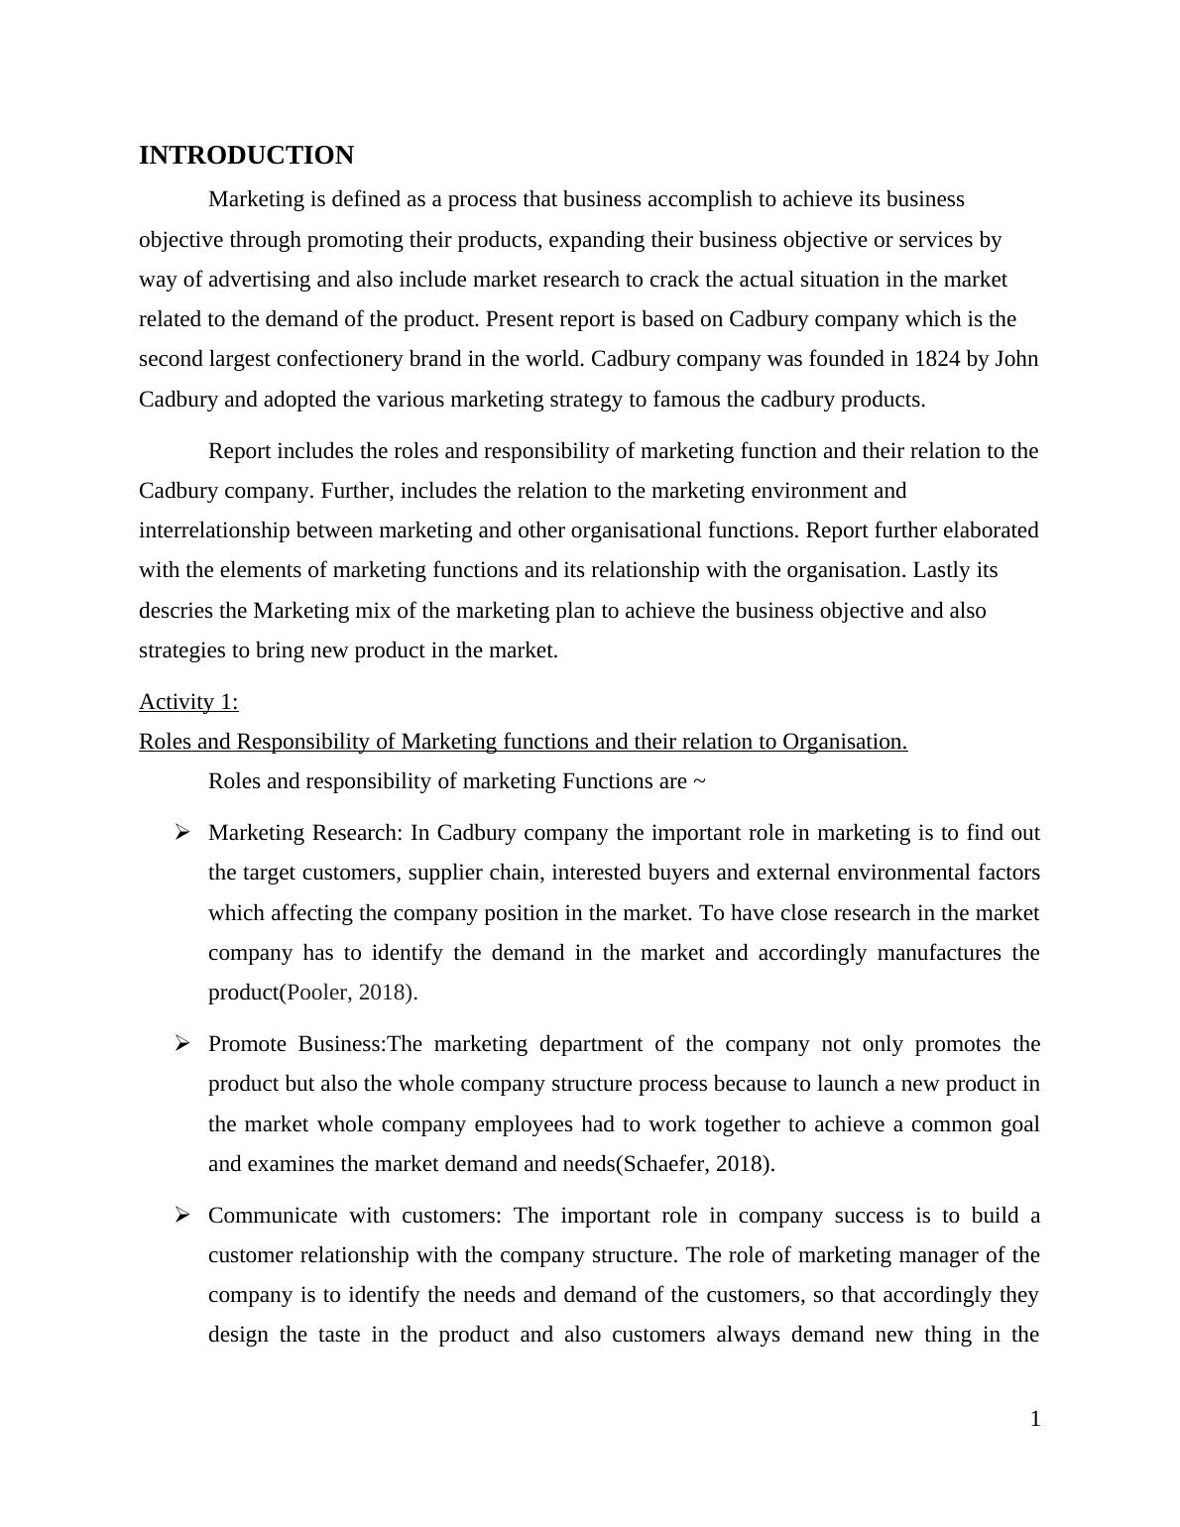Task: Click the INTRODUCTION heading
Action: click(x=246, y=156)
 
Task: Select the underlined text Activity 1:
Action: click(x=188, y=702)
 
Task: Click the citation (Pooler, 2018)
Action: click(x=350, y=993)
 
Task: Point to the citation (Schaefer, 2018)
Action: click(x=695, y=1164)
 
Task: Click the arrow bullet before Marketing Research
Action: click(x=181, y=833)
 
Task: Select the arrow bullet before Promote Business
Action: click(x=181, y=1043)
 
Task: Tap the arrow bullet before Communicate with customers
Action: click(x=181, y=1215)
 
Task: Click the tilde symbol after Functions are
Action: click(x=699, y=782)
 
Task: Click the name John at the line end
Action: click(x=1016, y=359)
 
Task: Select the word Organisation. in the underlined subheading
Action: click(x=845, y=742)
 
